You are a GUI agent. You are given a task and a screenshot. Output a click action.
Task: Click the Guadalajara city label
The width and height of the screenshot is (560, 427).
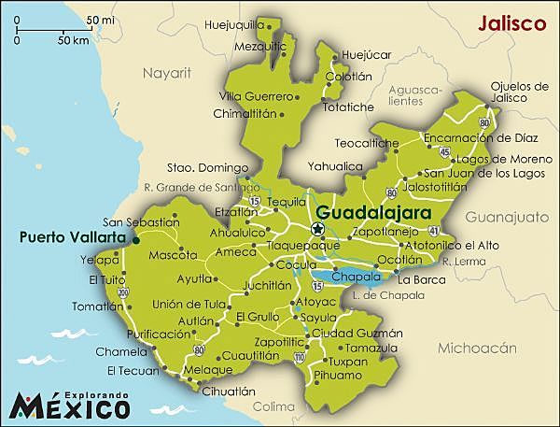[x=371, y=213]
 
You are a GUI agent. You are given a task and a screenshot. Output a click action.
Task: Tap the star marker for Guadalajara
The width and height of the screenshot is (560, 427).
[x=318, y=229]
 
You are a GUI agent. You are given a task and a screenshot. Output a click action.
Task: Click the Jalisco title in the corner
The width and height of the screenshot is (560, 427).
[x=511, y=23]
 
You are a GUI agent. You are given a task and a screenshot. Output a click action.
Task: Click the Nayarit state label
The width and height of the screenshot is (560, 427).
[x=165, y=71]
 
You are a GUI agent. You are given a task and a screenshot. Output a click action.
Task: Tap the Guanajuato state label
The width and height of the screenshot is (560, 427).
[x=508, y=217]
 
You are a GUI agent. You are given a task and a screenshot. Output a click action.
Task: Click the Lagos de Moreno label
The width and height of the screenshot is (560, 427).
[x=479, y=159]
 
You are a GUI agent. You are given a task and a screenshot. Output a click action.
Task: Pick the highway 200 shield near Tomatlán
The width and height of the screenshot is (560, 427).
[x=122, y=292]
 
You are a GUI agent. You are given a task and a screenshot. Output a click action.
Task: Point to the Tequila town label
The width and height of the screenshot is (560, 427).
[x=286, y=201]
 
